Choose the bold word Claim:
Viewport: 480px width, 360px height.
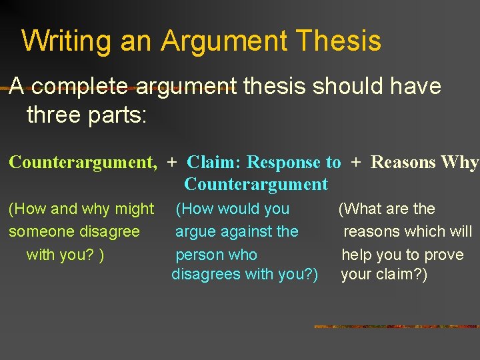(215, 162)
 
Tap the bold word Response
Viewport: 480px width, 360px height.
(285, 162)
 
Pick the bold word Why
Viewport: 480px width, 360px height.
(462, 162)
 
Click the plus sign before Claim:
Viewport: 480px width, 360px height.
(172, 162)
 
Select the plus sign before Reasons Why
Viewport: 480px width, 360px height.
(356, 162)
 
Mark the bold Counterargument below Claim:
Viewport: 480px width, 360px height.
(256, 184)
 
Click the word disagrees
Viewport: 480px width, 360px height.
(203, 274)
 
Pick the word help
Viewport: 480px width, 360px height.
(357, 255)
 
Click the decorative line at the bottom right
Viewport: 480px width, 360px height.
(397, 327)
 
